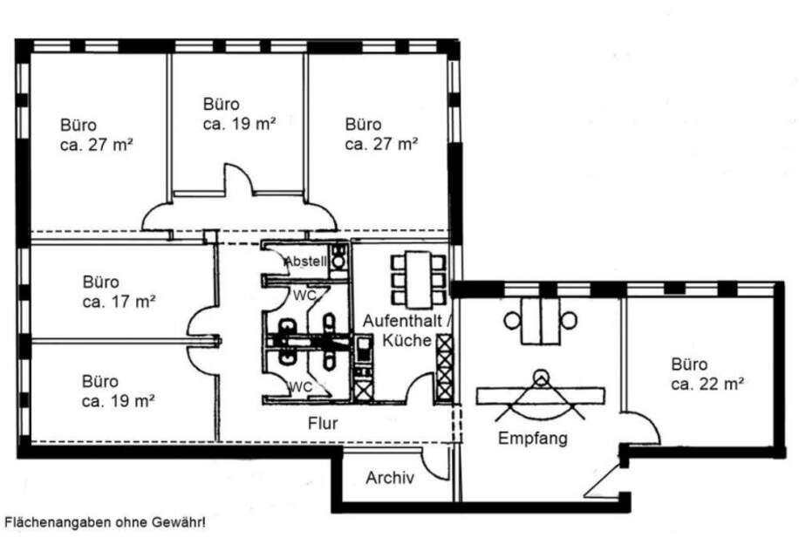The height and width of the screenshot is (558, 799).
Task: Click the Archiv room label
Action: pyautogui.click(x=390, y=478)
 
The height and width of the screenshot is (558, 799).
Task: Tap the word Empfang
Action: pyautogui.click(x=532, y=439)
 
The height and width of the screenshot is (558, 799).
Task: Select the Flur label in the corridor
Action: pyautogui.click(x=322, y=424)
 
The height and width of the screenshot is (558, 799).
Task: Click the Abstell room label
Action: pyautogui.click(x=304, y=260)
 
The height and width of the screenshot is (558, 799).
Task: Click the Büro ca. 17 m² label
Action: pyautogui.click(x=120, y=292)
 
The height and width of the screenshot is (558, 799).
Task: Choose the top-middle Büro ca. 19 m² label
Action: pyautogui.click(x=239, y=113)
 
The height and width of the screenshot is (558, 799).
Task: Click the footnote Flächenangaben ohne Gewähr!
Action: pyautogui.click(x=106, y=523)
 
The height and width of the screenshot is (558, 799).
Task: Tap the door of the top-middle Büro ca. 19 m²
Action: pyautogui.click(x=238, y=180)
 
